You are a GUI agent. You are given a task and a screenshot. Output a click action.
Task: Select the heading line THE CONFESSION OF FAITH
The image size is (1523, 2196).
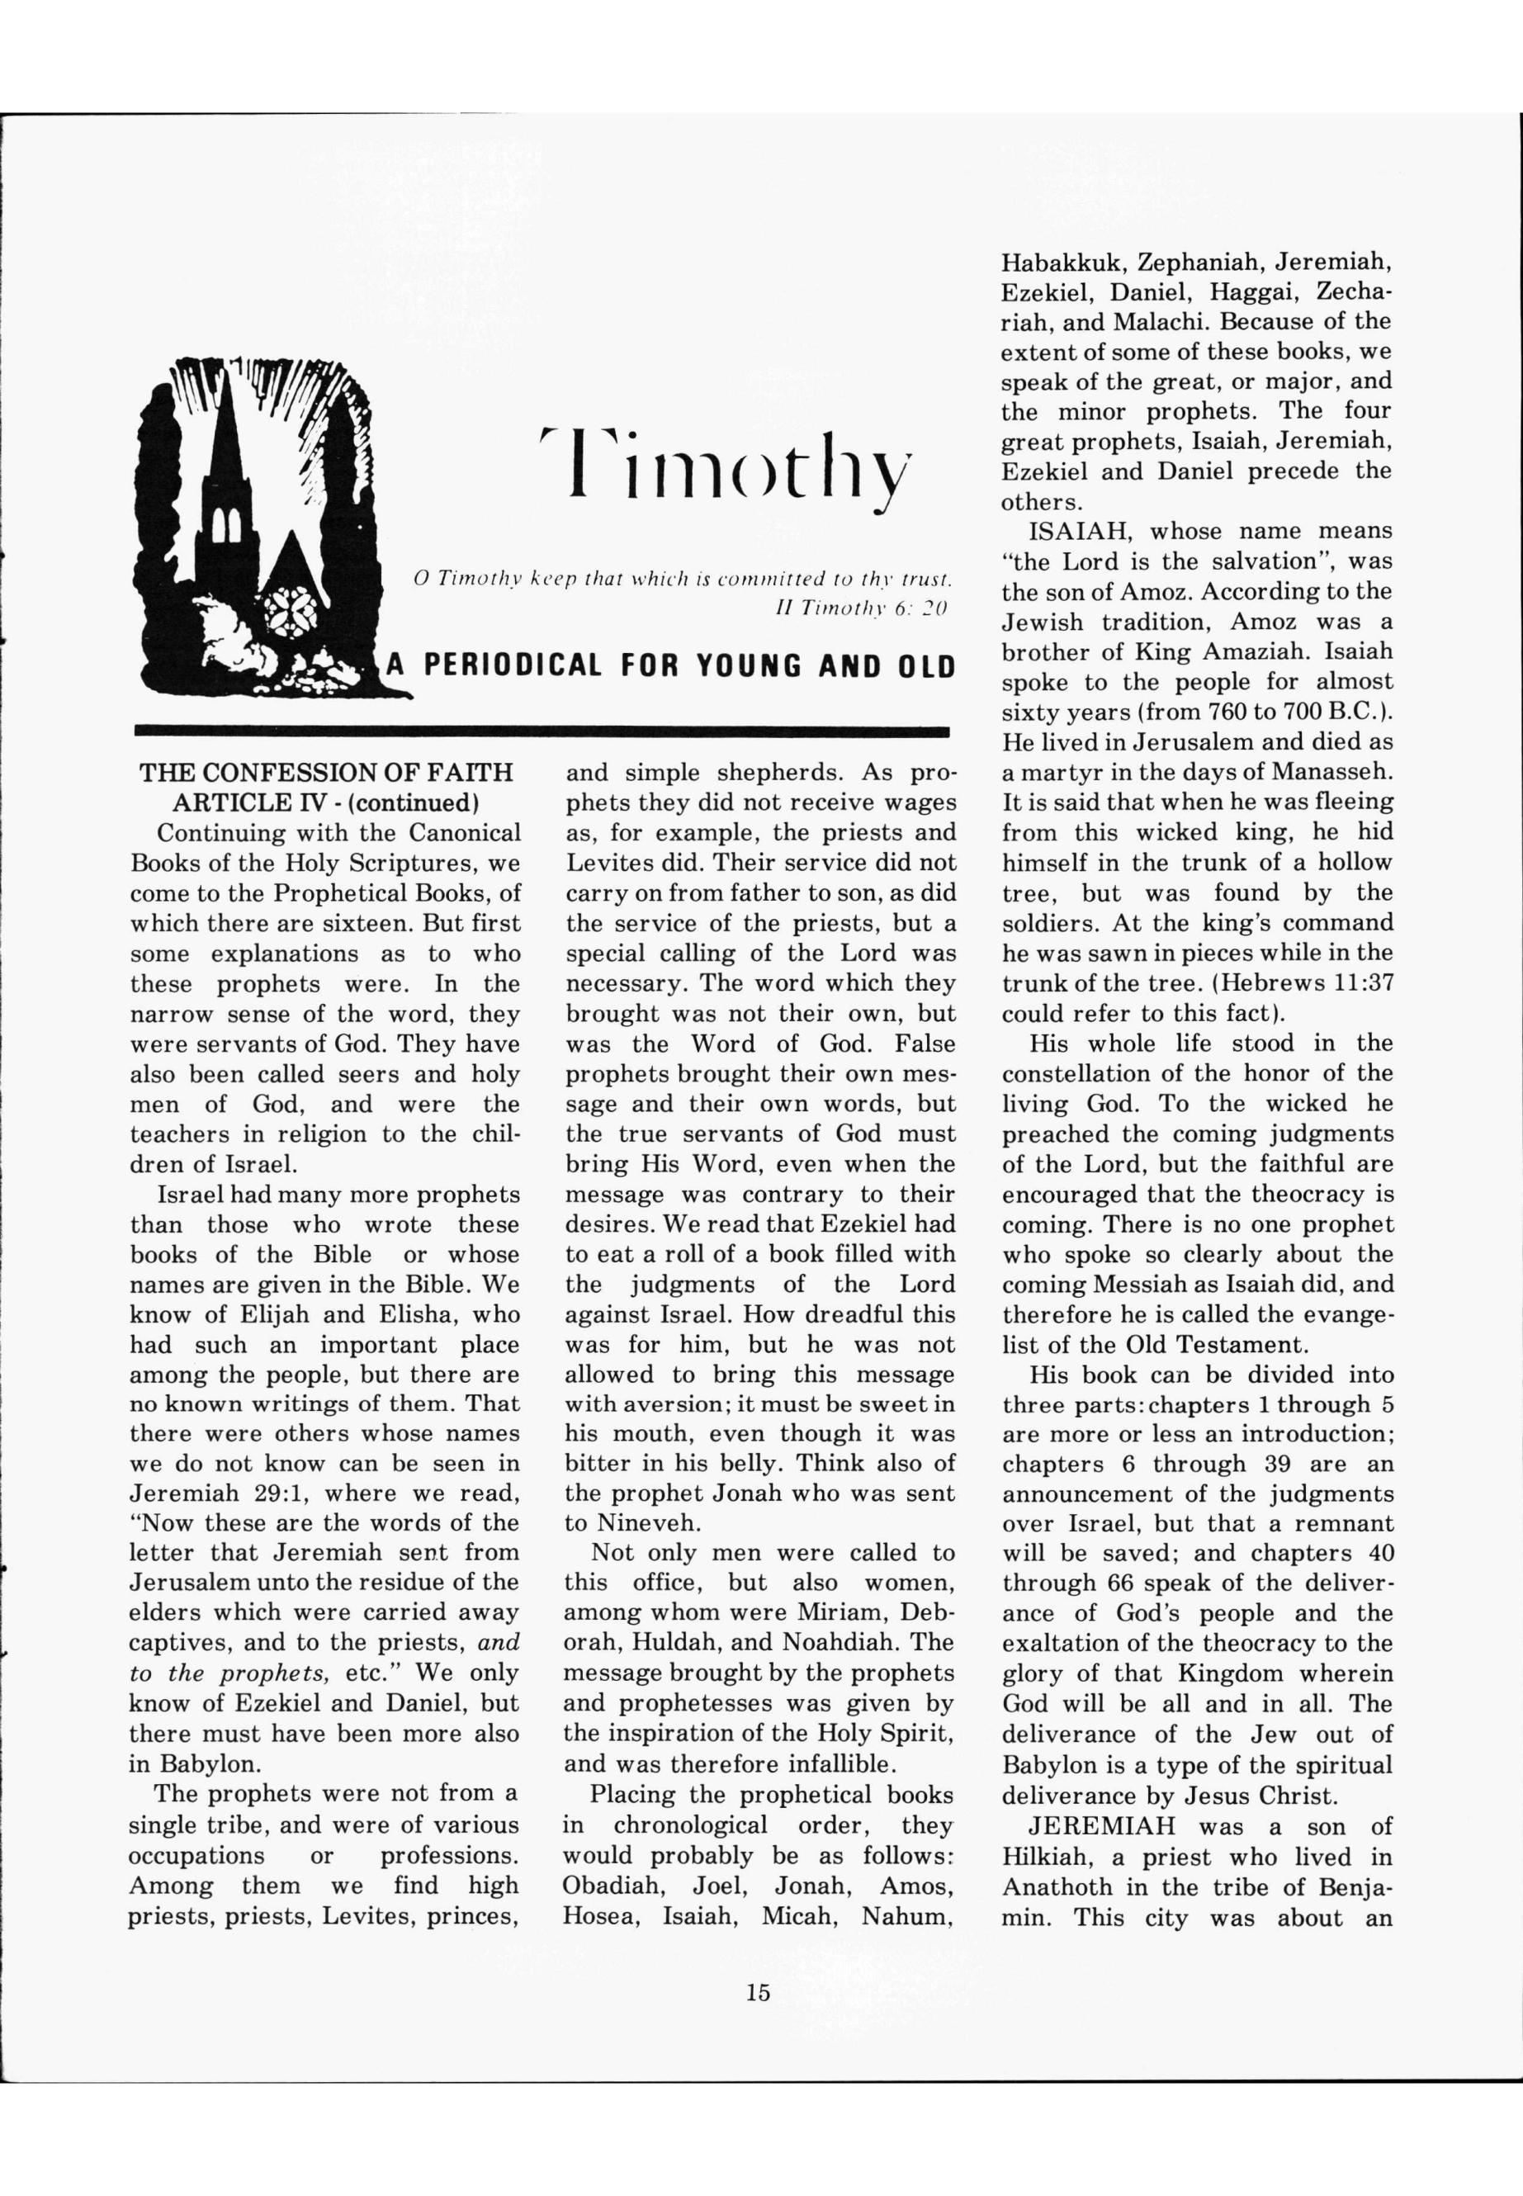click(326, 773)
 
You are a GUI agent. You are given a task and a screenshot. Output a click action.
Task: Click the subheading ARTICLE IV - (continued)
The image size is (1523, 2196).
click(325, 802)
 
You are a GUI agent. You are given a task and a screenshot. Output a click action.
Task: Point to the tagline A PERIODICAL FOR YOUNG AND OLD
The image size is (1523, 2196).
click(670, 665)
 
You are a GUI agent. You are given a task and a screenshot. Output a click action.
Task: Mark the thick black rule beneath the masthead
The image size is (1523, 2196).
click(542, 731)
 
